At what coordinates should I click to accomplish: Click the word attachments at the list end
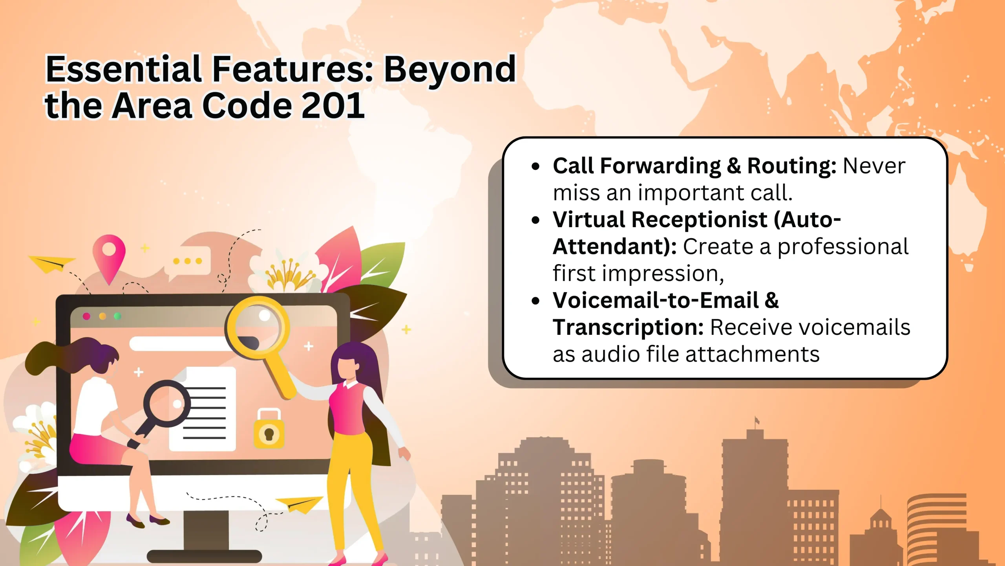point(753,354)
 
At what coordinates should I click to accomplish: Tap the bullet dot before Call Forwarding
point(535,166)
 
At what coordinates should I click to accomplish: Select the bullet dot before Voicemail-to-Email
point(535,301)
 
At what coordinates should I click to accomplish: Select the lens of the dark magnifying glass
point(167,404)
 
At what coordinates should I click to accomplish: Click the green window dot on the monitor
point(117,316)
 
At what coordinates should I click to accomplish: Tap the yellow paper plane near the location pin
point(52,263)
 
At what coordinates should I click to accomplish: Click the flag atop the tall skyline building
point(757,421)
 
